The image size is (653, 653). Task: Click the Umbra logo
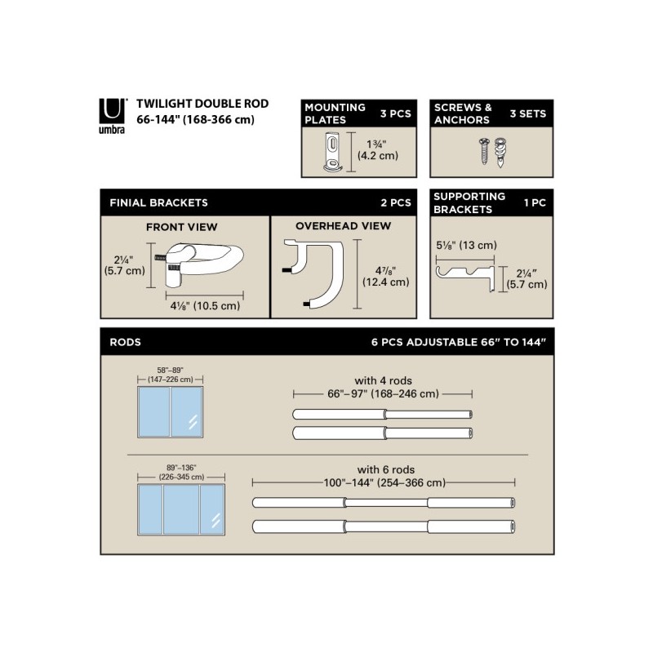[x=113, y=115]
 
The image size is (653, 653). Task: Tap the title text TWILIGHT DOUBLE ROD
[x=202, y=104]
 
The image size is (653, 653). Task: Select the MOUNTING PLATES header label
[x=335, y=113]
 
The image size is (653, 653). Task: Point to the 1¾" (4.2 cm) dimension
[x=378, y=149]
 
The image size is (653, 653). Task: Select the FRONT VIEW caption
[x=182, y=227]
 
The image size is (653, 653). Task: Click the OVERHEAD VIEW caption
[x=343, y=226]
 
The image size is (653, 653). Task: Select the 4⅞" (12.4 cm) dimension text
[x=387, y=276]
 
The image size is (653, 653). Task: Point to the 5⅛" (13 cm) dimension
[x=464, y=245]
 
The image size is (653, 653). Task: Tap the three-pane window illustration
[x=181, y=509]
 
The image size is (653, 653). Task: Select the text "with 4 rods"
[x=383, y=380]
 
